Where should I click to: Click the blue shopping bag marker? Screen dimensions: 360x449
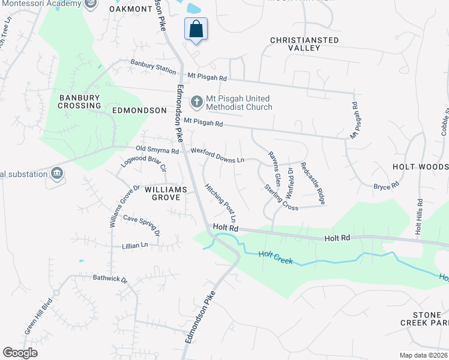coord(196,29)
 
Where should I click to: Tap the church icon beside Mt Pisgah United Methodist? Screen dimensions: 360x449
coord(196,103)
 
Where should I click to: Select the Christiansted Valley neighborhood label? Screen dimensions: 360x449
coord(304,44)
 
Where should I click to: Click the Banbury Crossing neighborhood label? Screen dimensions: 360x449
coord(79,101)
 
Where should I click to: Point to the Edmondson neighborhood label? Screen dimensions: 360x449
coord(139,110)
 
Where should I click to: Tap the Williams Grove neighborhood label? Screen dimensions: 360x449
coord(165,193)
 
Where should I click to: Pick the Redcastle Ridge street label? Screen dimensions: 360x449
coord(312,184)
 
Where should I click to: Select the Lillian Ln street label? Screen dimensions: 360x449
coord(135,245)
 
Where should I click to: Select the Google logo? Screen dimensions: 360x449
coord(20,352)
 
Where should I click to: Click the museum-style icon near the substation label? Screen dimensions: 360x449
coord(56,173)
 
